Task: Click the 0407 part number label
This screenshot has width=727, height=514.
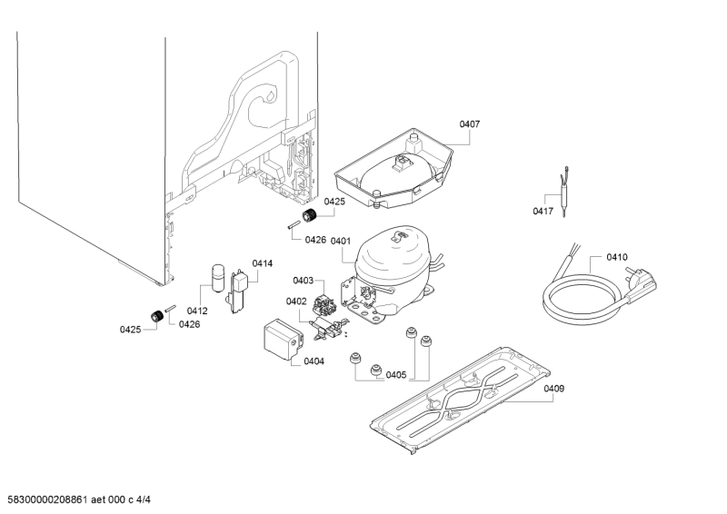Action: (x=469, y=124)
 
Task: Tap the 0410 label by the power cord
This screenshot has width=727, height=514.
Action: (x=617, y=258)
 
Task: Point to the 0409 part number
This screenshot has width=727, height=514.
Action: (x=553, y=389)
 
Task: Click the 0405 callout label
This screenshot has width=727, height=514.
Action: (x=395, y=374)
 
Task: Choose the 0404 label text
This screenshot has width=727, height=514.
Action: (x=314, y=361)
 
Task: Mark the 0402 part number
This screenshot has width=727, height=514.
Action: (x=296, y=301)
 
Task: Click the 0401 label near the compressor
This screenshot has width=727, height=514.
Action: (x=341, y=242)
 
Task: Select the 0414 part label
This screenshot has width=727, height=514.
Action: (x=262, y=263)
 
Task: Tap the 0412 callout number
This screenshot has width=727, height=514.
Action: (x=197, y=311)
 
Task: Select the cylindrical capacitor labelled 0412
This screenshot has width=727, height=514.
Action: (x=218, y=276)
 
